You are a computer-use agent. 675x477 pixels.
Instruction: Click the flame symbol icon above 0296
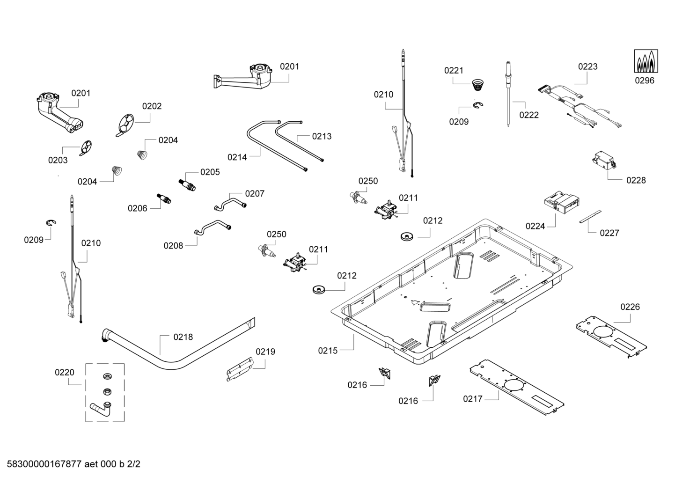click(645, 61)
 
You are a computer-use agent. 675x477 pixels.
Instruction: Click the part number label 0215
click(328, 351)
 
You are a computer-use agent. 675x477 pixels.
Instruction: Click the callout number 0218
click(183, 337)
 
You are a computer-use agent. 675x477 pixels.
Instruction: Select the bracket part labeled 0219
click(239, 368)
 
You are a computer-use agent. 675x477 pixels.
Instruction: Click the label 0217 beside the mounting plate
click(472, 399)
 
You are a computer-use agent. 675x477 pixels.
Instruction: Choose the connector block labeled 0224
click(562, 203)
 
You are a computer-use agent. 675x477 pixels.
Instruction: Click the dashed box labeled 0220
click(105, 392)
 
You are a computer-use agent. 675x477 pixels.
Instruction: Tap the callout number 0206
click(137, 209)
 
